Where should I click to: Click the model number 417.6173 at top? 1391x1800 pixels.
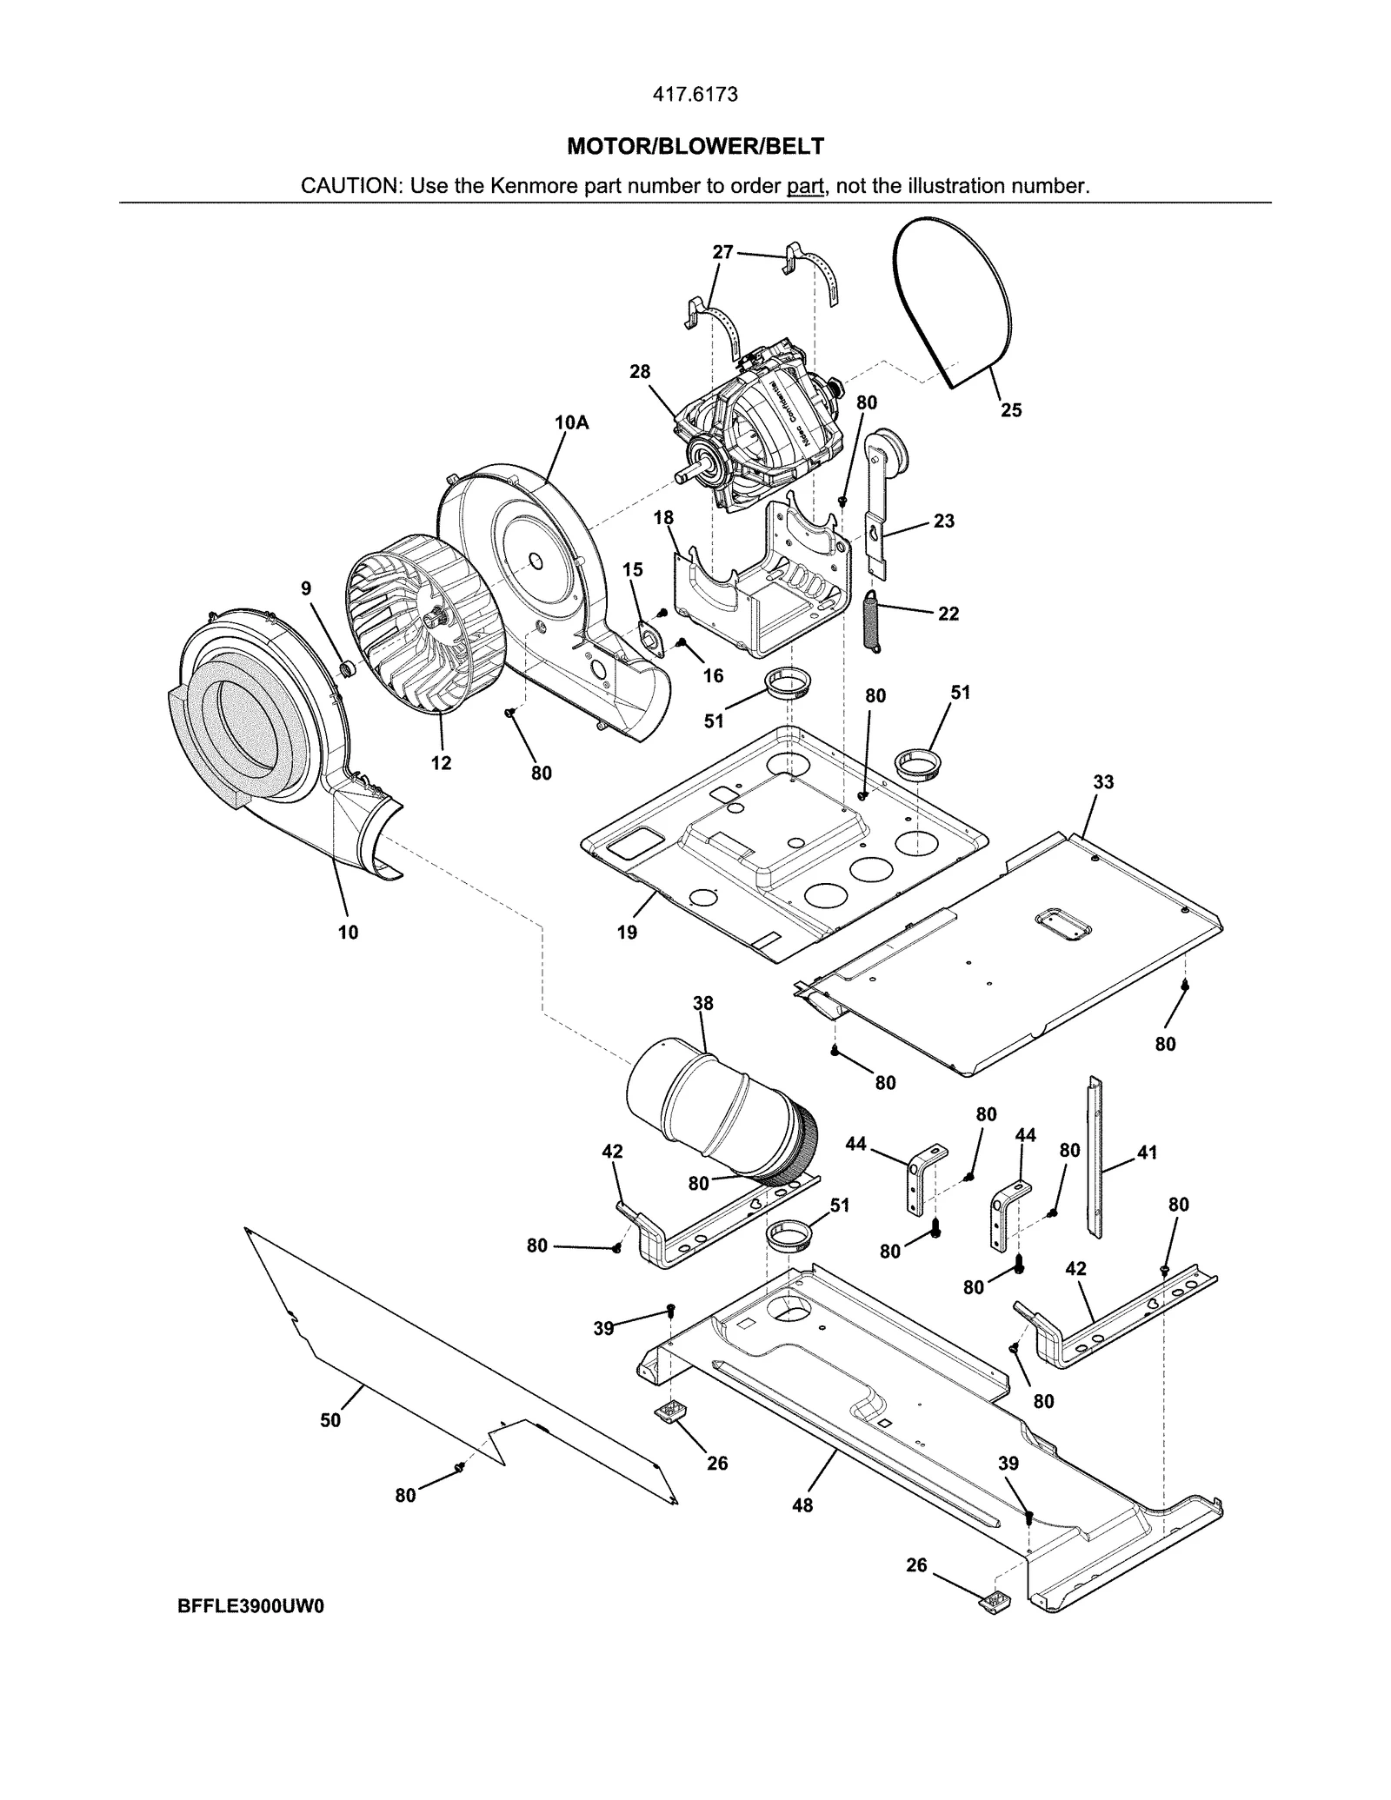695,95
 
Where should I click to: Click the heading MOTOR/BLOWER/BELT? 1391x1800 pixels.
695,147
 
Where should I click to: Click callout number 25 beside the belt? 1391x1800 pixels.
1010,409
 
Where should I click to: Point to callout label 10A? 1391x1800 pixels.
571,423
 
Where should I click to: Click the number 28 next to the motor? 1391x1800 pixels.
639,372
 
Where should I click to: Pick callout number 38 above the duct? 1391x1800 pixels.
702,1004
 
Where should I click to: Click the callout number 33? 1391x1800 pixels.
1102,782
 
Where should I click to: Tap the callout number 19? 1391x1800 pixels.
627,933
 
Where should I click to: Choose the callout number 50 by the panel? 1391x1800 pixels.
330,1419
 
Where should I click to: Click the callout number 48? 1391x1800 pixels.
802,1504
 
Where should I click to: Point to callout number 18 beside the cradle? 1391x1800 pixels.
663,518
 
